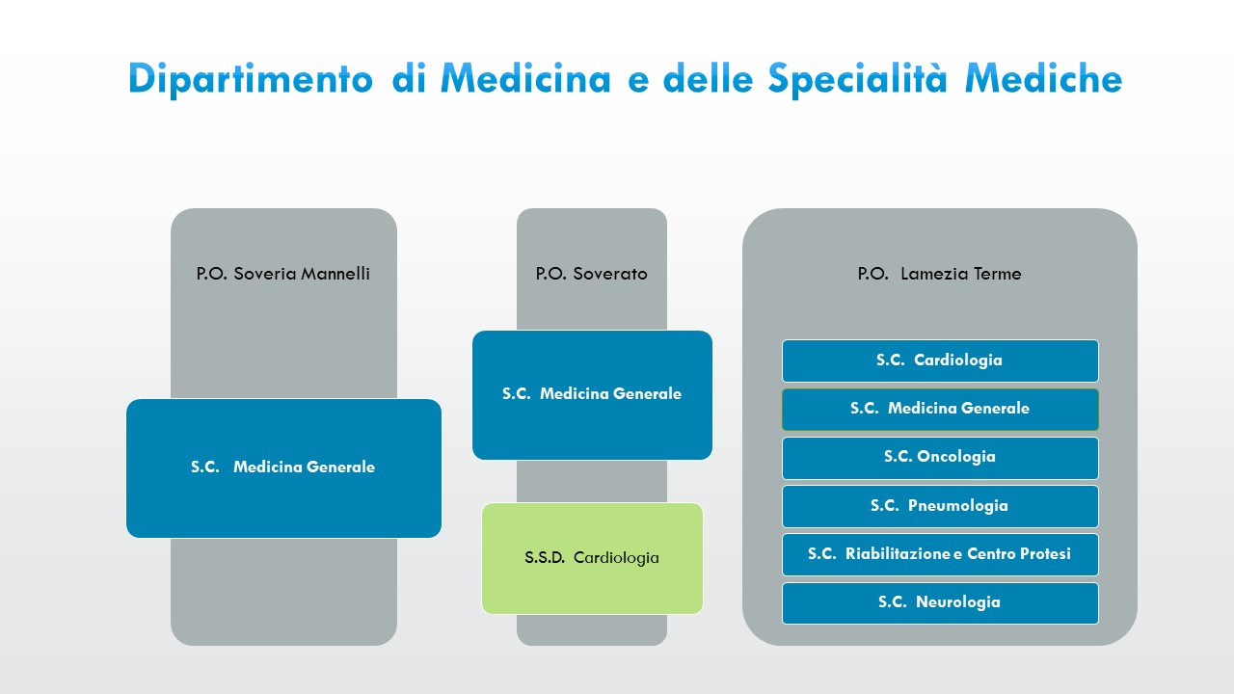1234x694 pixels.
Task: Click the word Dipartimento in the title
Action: coord(250,79)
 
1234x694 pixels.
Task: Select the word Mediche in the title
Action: coord(1044,79)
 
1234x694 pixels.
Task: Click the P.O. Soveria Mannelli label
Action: coord(283,274)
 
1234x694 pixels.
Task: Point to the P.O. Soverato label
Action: coord(591,274)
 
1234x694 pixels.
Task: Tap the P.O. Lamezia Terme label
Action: coord(939,274)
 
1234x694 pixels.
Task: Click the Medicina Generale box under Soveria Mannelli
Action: coord(283,467)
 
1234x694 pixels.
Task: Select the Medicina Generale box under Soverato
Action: coord(592,394)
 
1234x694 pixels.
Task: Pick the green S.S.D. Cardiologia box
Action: coord(592,558)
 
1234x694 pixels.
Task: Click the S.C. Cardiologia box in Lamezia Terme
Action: coord(940,360)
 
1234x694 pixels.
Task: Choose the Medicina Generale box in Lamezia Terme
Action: coord(940,409)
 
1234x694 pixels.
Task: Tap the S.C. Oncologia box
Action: coord(940,457)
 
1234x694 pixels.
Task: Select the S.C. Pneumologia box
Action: coord(940,506)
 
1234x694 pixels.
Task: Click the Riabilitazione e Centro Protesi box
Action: coord(940,554)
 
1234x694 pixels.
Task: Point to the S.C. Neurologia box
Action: coord(940,602)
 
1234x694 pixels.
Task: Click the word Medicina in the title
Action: coord(525,79)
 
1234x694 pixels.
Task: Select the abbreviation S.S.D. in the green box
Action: coord(545,558)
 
